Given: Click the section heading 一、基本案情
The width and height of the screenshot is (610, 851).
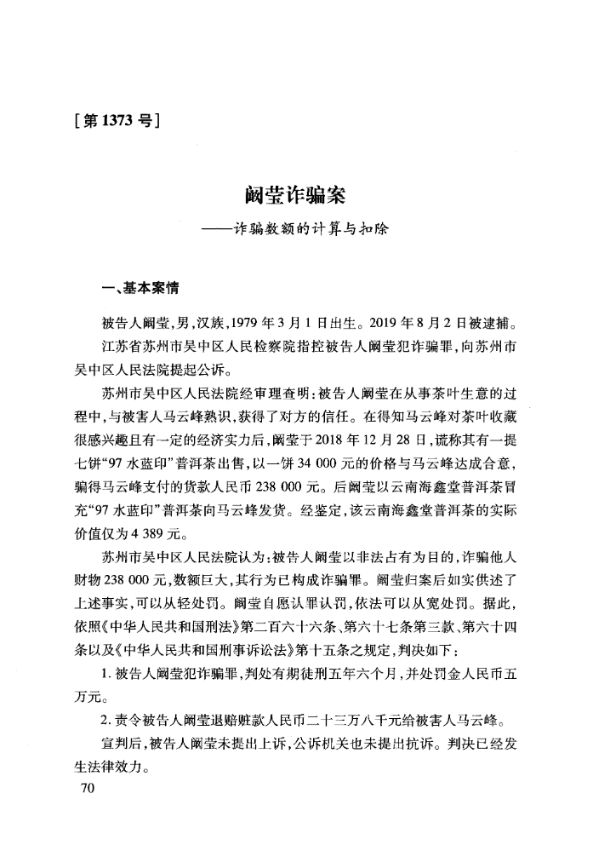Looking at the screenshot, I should click(x=135, y=288).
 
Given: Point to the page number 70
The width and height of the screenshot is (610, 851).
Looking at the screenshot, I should click(x=84, y=789).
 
